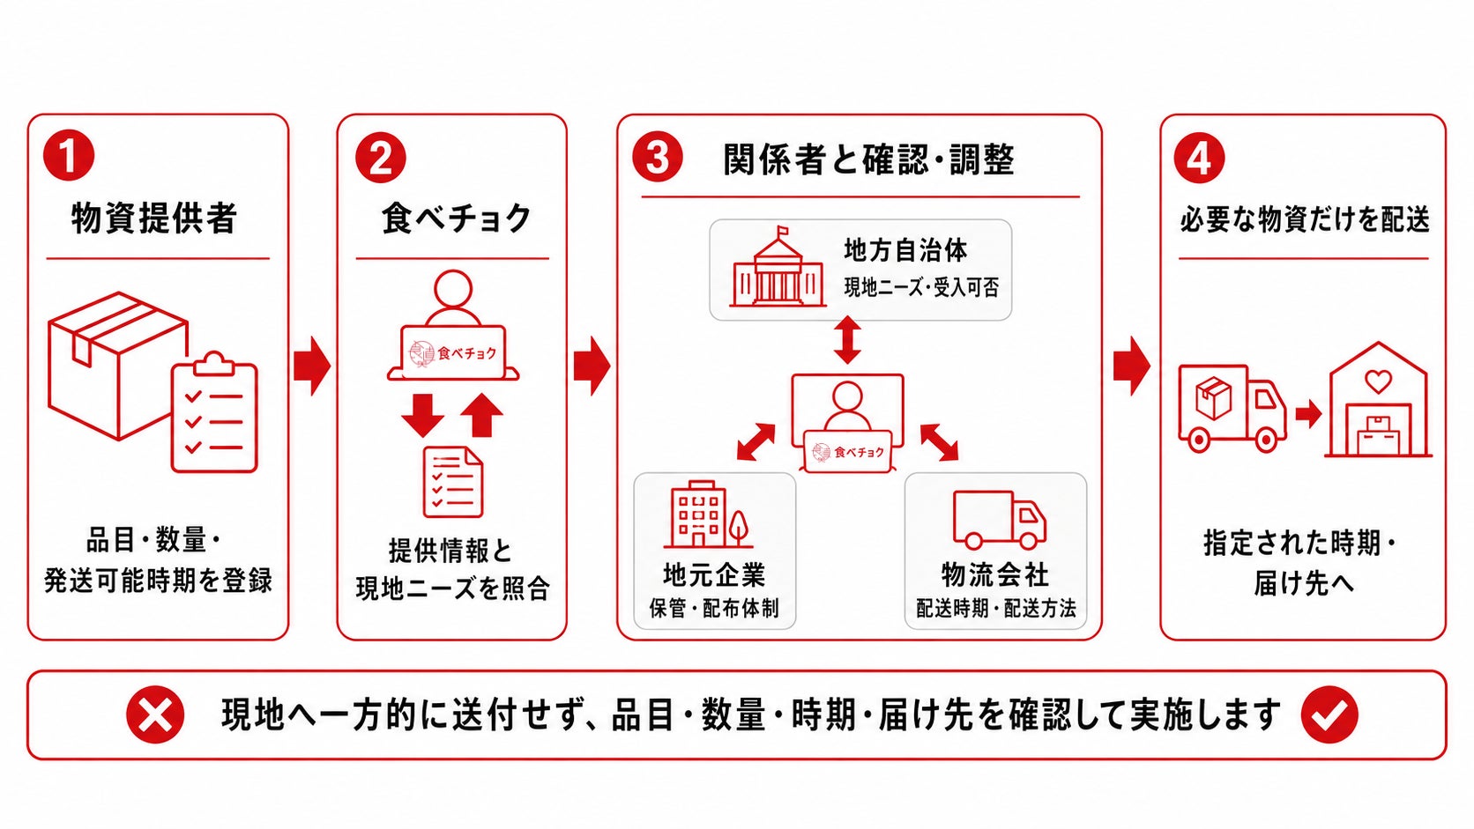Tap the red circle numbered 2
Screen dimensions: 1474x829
pos(380,158)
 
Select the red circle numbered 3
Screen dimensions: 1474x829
pos(658,157)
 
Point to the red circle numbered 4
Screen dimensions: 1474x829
pos(1199,158)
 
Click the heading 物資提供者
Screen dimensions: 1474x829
pos(154,218)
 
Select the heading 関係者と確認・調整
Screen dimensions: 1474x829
pos(868,159)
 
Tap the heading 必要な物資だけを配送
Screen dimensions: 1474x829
pos(1304,218)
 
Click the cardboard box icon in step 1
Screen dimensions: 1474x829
pos(118,366)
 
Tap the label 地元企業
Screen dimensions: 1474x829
pos(714,574)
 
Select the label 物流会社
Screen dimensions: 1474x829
pos(995,574)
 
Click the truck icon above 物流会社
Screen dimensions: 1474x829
pos(1000,520)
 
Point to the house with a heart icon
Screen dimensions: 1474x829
pos(1379,400)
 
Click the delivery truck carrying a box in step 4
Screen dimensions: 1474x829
pos(1232,408)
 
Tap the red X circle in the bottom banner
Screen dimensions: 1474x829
pos(154,714)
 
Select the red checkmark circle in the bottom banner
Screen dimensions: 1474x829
pos(1329,714)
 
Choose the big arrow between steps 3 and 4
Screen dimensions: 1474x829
pos(1132,366)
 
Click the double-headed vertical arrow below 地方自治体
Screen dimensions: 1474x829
pos(847,340)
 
